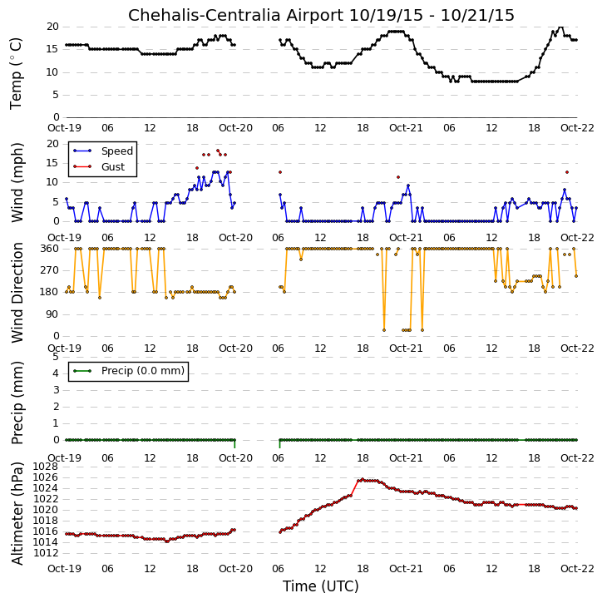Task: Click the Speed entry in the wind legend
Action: click(117, 151)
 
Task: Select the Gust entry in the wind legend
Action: click(113, 167)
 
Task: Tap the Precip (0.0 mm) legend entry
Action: click(143, 371)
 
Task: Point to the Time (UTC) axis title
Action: click(321, 586)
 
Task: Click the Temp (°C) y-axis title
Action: click(16, 73)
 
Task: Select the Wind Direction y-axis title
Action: click(17, 293)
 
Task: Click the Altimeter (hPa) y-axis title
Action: click(17, 514)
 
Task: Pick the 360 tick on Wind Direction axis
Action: click(50, 249)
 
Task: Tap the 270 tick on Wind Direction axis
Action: click(50, 270)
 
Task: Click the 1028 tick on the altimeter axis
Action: click(46, 467)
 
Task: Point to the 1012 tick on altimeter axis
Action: click(46, 553)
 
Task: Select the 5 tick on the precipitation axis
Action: click(56, 357)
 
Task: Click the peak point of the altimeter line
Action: click(363, 479)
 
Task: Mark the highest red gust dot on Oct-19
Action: click(218, 151)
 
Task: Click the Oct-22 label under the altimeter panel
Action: click(577, 568)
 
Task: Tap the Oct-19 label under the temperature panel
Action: click(64, 128)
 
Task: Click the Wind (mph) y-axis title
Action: click(17, 182)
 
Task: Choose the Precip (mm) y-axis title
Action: click(17, 403)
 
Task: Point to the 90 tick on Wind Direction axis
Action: click(52, 314)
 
